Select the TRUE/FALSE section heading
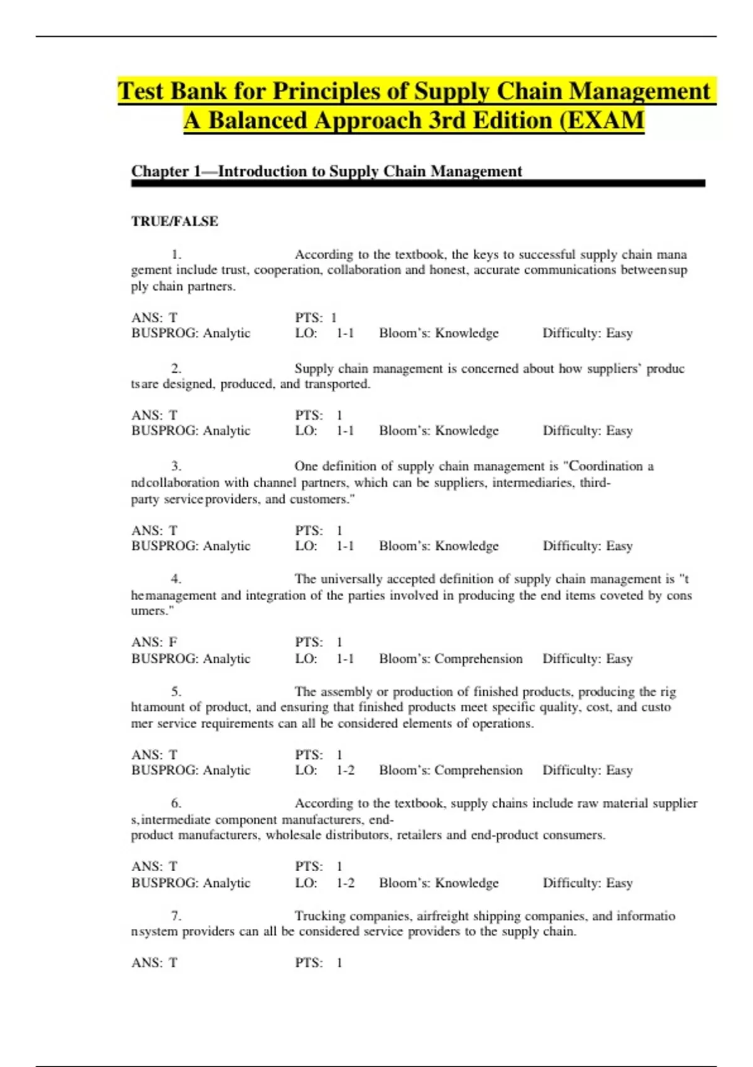click(174, 221)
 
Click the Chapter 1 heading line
click(326, 171)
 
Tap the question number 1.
click(176, 255)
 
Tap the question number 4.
click(176, 579)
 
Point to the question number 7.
click(176, 916)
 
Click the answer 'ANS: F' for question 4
click(154, 642)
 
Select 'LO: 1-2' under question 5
click(324, 770)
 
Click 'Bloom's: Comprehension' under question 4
click(451, 658)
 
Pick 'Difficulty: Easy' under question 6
click(587, 883)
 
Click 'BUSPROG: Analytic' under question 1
click(191, 333)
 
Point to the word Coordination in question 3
click(606, 466)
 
